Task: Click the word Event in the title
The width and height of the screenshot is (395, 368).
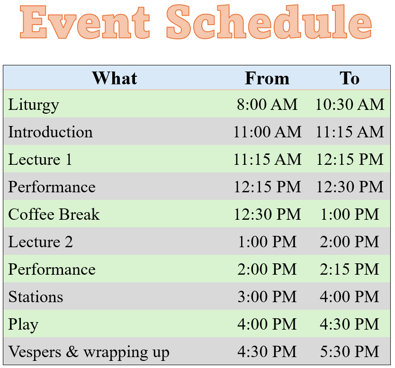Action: (x=85, y=22)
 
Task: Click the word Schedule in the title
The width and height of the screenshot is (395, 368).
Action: (x=269, y=22)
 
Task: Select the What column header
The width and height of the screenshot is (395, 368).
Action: (x=115, y=78)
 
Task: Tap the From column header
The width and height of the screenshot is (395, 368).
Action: (x=267, y=78)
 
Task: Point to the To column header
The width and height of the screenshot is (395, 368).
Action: (x=350, y=78)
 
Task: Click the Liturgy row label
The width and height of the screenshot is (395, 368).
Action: (x=34, y=105)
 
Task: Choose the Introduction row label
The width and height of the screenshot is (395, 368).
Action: (x=50, y=132)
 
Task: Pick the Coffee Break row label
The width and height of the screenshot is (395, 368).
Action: (x=54, y=214)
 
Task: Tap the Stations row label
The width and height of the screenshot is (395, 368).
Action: (x=36, y=296)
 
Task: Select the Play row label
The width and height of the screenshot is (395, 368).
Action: (x=23, y=325)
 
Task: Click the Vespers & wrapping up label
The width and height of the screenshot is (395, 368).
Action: (x=89, y=352)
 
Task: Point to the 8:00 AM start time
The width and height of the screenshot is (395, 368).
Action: (x=267, y=104)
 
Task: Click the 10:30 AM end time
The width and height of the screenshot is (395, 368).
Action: (x=350, y=104)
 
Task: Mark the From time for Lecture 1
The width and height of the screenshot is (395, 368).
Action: (x=267, y=159)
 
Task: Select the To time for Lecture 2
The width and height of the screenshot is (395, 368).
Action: (x=350, y=242)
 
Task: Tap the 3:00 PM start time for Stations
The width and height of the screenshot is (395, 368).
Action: (x=267, y=296)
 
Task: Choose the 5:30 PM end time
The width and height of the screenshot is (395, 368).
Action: (x=350, y=351)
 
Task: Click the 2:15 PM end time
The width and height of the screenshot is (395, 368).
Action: (x=350, y=269)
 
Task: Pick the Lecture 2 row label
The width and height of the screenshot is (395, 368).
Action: (x=41, y=242)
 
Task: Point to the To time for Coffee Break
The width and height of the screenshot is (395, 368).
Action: (x=350, y=214)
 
